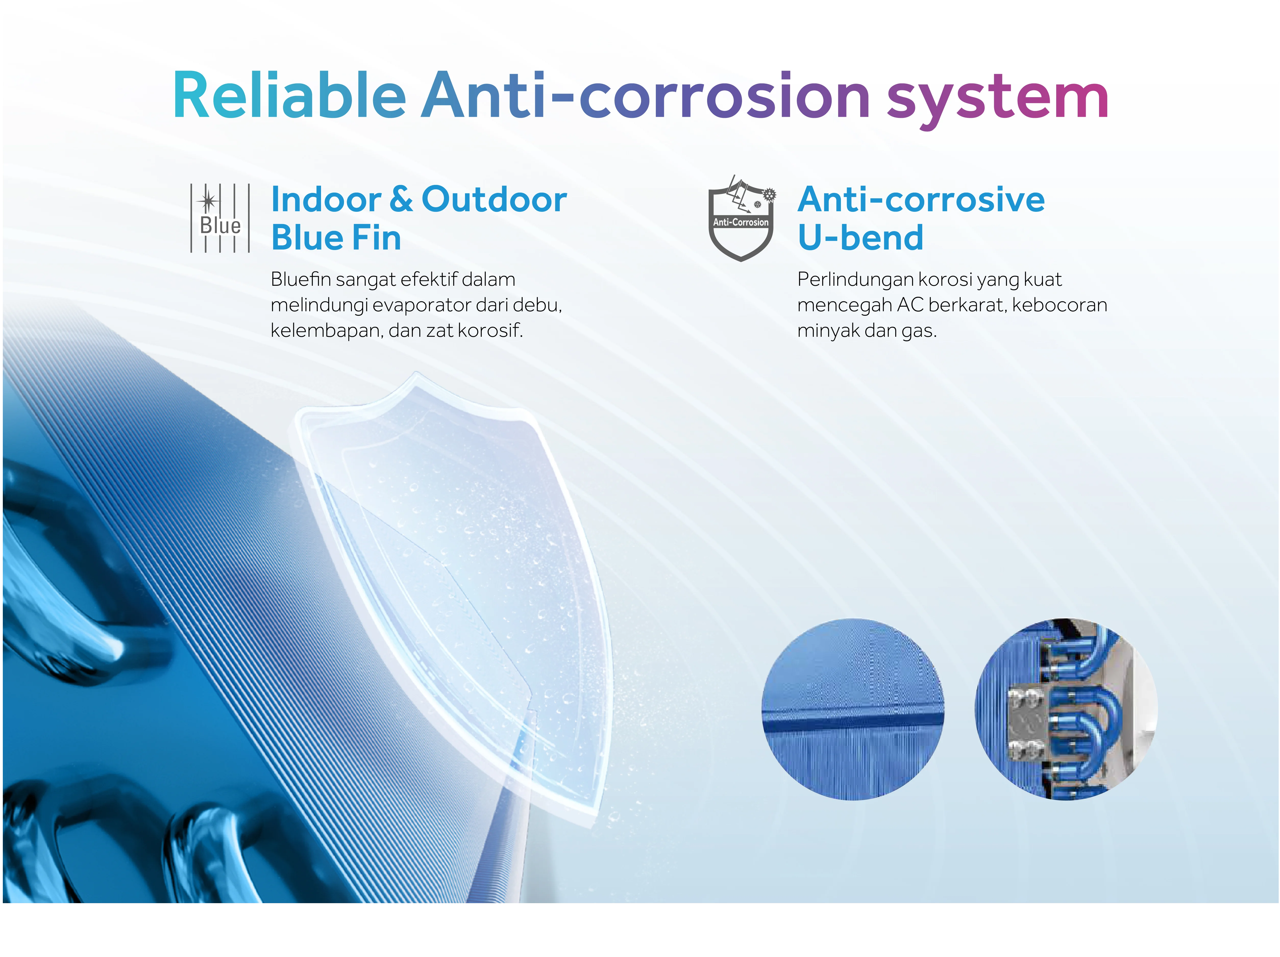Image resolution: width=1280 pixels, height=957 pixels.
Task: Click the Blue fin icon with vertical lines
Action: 220,218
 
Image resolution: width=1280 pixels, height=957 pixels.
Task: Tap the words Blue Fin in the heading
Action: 336,238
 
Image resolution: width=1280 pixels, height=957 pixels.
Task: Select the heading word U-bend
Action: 860,238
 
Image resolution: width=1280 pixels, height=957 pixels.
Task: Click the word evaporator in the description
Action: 421,305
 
